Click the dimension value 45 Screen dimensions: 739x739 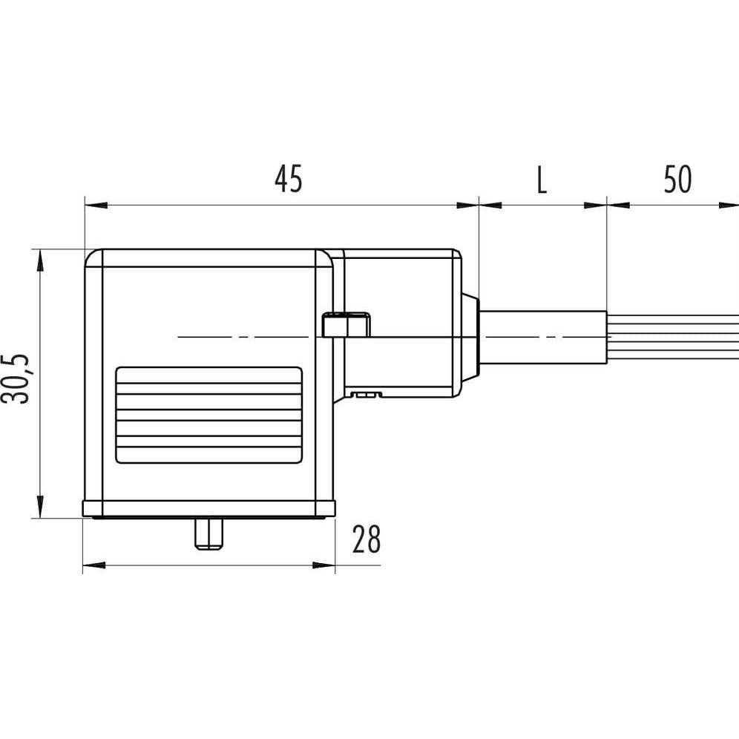click(x=289, y=180)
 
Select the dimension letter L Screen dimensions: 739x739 click(x=542, y=180)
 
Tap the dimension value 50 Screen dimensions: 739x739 click(x=677, y=180)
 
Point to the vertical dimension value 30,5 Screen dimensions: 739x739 click(x=16, y=378)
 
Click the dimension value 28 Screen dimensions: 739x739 click(x=366, y=540)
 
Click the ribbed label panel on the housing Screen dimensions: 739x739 click(x=208, y=416)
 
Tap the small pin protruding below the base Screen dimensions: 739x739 click(x=208, y=534)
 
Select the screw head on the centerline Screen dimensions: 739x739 click(x=346, y=325)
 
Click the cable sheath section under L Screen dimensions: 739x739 click(x=543, y=338)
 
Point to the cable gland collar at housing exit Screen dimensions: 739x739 click(x=470, y=338)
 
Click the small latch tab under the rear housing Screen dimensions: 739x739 click(x=364, y=395)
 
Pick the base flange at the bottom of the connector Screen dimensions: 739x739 click(x=208, y=509)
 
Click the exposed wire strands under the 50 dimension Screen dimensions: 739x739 click(x=672, y=338)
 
